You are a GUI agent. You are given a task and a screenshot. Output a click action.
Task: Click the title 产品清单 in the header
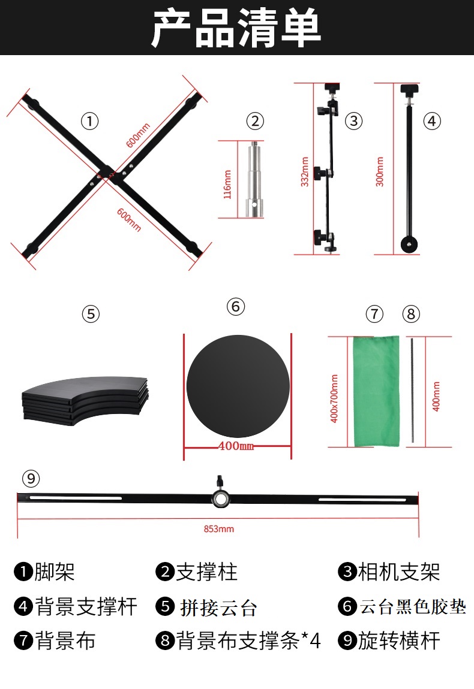point(236,28)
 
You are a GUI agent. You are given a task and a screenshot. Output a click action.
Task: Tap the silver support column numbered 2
point(254,179)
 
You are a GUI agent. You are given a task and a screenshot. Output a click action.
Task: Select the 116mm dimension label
point(227,185)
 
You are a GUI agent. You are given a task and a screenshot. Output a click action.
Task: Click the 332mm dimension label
point(305,172)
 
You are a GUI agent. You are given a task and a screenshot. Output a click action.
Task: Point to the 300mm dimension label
point(380,172)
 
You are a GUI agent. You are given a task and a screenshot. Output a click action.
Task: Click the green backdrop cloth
point(376,391)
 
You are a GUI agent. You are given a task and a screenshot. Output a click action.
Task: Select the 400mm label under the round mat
point(236,446)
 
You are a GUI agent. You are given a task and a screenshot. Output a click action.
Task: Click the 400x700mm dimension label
point(334,398)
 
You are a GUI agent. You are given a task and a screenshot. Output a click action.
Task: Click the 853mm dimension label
point(219,529)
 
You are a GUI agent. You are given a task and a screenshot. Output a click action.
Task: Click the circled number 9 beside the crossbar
point(31,479)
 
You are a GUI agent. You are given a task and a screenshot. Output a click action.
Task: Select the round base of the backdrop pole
point(409,244)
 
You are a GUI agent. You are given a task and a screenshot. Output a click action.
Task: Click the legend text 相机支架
point(399,572)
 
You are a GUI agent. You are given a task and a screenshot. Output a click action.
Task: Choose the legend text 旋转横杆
point(399,640)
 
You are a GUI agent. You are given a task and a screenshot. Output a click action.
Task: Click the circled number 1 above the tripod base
point(90,121)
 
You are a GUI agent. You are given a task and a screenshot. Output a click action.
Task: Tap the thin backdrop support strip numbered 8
point(412,390)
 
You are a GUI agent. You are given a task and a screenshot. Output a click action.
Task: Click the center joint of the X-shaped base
point(107,173)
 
